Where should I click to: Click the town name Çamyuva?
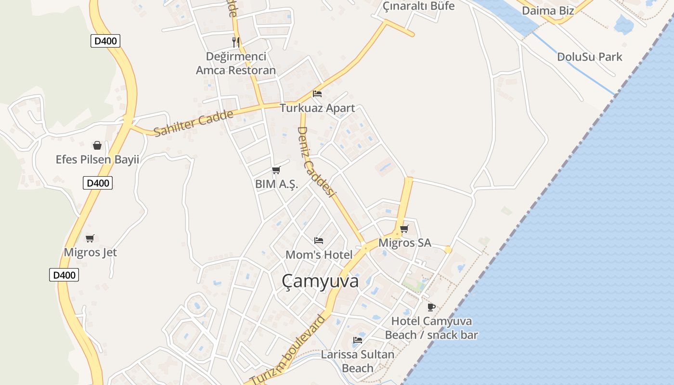click(320, 281)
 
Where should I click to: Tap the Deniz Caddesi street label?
click(316, 162)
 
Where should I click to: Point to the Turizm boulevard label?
click(288, 349)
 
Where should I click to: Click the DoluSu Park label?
click(589, 57)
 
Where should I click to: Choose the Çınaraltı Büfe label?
click(418, 6)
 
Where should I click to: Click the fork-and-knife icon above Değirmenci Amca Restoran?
click(236, 42)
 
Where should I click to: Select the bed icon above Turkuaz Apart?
click(317, 94)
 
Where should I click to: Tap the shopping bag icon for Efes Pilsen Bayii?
click(97, 145)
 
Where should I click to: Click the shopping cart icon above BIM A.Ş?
click(276, 170)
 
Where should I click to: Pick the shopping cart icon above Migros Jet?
click(90, 238)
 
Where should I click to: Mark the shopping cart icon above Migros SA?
click(404, 229)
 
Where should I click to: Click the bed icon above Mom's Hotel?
click(319, 240)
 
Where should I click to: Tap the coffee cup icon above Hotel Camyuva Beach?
click(431, 307)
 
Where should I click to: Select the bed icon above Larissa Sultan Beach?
click(358, 340)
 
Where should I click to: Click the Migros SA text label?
click(404, 243)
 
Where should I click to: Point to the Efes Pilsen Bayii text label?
click(97, 159)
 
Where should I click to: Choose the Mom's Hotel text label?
click(319, 255)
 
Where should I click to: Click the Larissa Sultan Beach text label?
click(358, 361)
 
